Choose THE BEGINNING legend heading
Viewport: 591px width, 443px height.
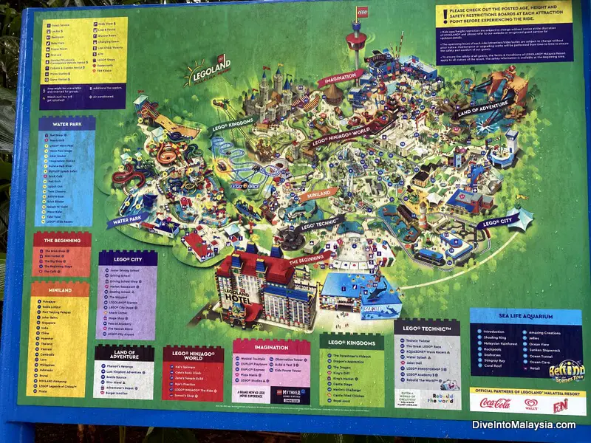61,240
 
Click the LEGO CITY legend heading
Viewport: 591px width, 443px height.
127,258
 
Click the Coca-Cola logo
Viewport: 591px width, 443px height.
496,403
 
